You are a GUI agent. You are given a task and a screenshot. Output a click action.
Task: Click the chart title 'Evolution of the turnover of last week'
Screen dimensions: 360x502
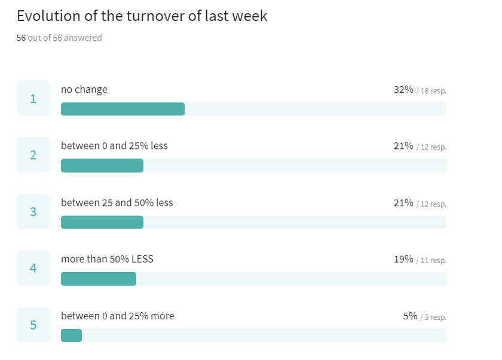click(x=142, y=16)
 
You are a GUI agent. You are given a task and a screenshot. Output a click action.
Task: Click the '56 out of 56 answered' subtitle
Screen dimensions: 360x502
click(x=59, y=38)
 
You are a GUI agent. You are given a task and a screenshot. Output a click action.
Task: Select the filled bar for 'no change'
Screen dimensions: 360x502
click(x=123, y=109)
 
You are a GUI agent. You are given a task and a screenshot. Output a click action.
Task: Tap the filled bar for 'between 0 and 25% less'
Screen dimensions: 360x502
click(x=102, y=166)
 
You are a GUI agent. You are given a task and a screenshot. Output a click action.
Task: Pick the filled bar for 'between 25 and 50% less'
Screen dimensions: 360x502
click(x=102, y=222)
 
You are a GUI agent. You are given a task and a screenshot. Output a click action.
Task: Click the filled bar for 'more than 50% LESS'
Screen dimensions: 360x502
click(x=99, y=279)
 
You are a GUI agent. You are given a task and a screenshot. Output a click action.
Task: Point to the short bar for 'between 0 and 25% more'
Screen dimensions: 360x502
click(x=71, y=335)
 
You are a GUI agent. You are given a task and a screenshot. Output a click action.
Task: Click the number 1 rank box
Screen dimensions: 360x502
click(x=33, y=99)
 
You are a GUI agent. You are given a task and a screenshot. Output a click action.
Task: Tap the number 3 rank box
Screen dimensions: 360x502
click(x=33, y=212)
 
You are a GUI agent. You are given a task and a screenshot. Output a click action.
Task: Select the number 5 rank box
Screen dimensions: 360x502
click(x=33, y=325)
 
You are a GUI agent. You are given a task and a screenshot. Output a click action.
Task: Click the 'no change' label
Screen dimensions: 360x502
click(x=84, y=90)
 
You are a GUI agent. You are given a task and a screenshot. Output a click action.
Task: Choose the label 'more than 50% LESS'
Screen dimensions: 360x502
click(x=107, y=259)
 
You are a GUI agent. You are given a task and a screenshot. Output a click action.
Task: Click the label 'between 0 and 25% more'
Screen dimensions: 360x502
click(x=118, y=316)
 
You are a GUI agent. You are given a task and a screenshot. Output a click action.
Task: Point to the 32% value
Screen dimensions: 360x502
click(x=403, y=90)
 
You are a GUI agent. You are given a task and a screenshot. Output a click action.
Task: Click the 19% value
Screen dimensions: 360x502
click(x=403, y=259)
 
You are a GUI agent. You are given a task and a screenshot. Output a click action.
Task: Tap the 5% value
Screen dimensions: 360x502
click(x=410, y=316)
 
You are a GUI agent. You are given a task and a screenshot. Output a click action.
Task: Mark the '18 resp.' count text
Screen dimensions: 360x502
click(x=433, y=91)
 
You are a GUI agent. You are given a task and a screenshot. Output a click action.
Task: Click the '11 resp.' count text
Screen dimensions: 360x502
click(x=433, y=260)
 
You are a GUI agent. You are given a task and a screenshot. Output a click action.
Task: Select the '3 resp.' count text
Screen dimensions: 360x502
click(x=436, y=317)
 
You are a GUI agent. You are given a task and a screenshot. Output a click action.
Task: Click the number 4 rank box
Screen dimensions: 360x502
click(x=33, y=268)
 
